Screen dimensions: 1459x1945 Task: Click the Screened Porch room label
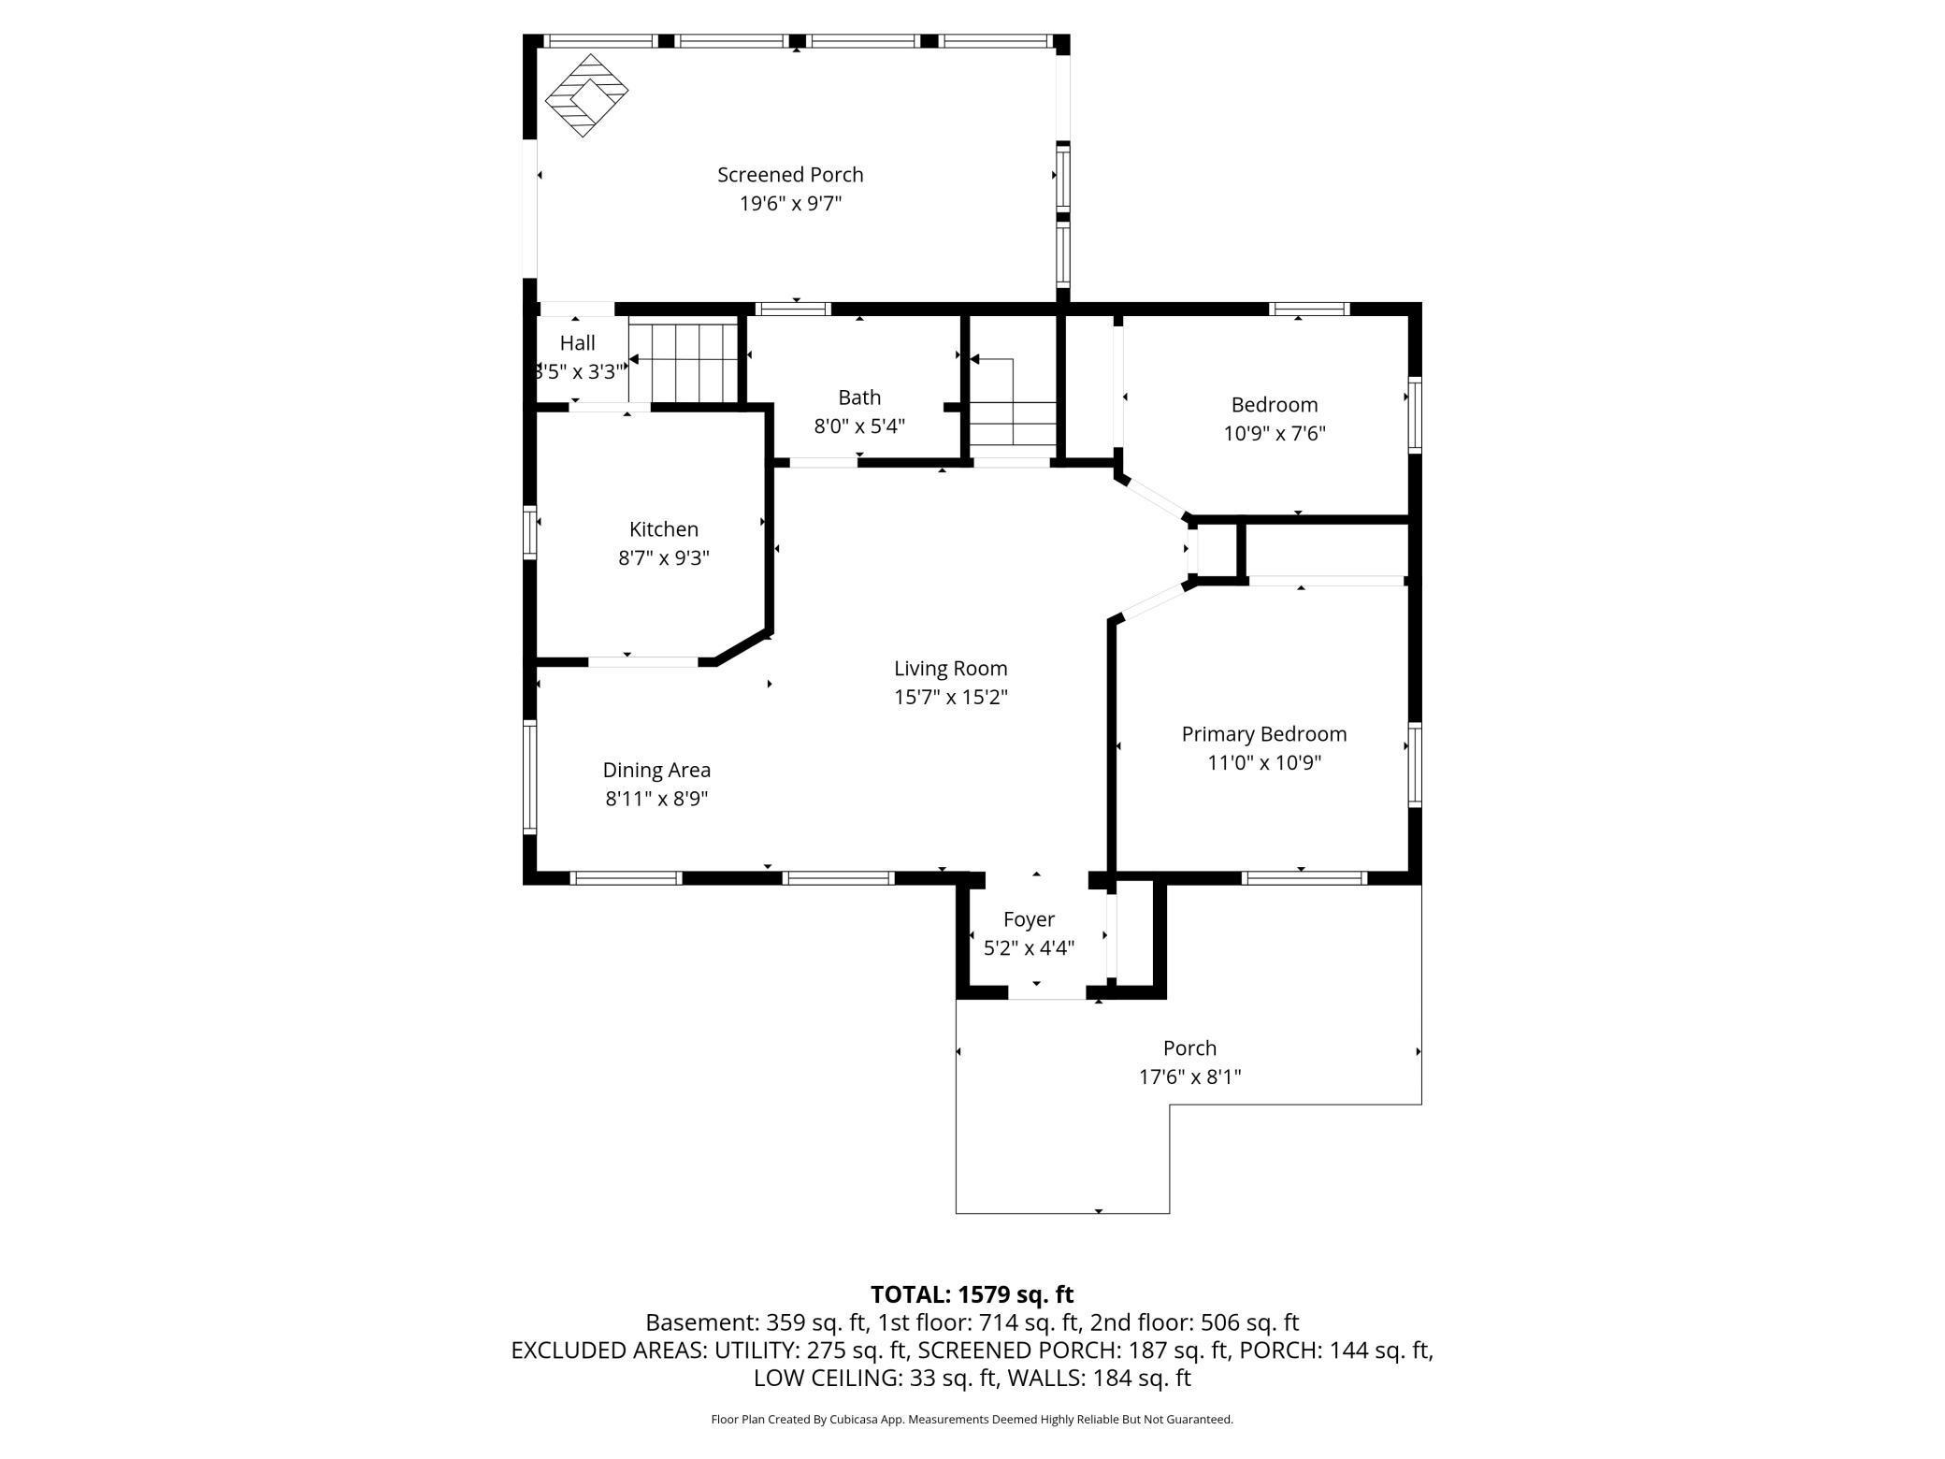point(790,175)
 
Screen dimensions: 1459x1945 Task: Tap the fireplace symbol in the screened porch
point(586,94)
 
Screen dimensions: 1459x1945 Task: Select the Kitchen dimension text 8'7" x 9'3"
point(664,558)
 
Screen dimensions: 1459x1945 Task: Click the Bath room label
point(859,397)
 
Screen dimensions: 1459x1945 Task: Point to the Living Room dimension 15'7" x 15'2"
point(950,697)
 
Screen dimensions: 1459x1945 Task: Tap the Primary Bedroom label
point(1263,734)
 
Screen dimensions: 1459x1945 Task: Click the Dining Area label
point(656,770)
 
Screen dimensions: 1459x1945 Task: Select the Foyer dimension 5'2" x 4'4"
point(1029,948)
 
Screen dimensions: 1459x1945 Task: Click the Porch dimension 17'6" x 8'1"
point(1189,1076)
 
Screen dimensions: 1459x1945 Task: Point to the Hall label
point(577,343)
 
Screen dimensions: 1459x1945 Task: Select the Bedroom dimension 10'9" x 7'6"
point(1274,434)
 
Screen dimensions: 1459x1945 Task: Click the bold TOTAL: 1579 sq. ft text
point(972,1294)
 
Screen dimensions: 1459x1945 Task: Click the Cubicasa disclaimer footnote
point(972,1420)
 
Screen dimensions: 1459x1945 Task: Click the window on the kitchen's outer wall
point(530,532)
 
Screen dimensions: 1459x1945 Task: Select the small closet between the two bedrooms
point(1217,552)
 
